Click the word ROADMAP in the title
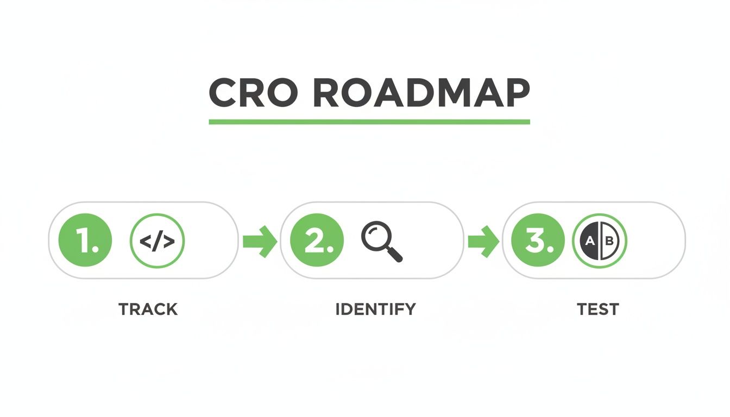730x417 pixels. (x=421, y=93)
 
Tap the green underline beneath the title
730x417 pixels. (x=369, y=122)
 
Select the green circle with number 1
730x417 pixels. (x=85, y=240)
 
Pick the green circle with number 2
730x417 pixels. (x=317, y=240)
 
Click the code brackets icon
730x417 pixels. (x=158, y=240)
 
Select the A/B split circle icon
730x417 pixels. (x=600, y=240)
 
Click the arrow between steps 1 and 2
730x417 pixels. (x=259, y=241)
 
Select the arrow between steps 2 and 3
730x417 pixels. (x=483, y=241)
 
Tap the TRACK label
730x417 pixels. (x=148, y=309)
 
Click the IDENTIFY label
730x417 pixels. (x=375, y=309)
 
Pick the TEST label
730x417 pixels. (x=597, y=309)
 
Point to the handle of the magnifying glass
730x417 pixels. (x=395, y=254)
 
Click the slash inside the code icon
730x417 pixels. (x=158, y=241)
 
